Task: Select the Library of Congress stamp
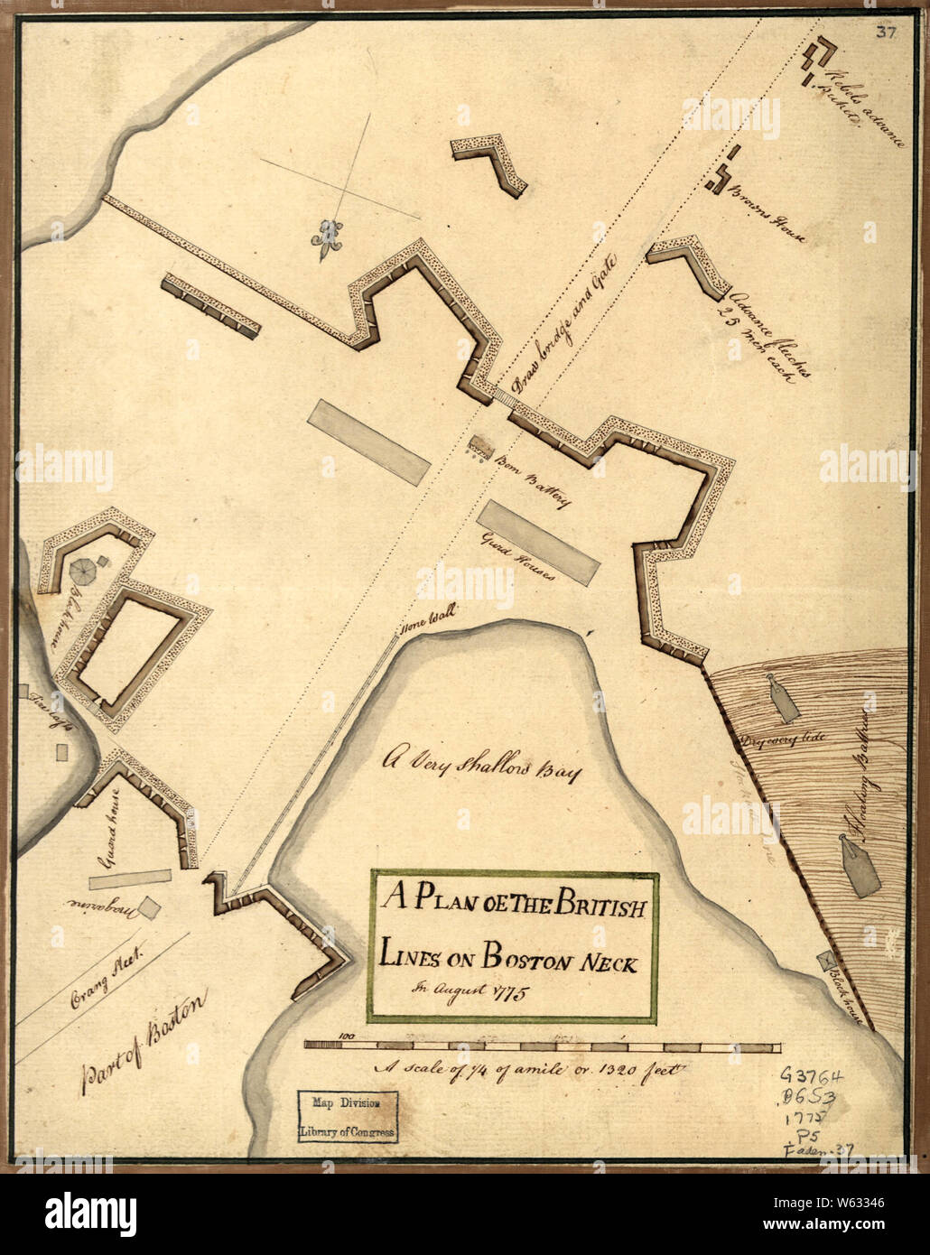(348, 1117)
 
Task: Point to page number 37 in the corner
(884, 34)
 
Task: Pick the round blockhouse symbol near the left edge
(84, 570)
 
